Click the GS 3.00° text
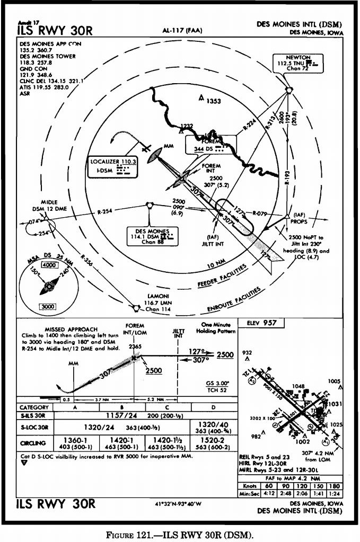[x=216, y=383]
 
